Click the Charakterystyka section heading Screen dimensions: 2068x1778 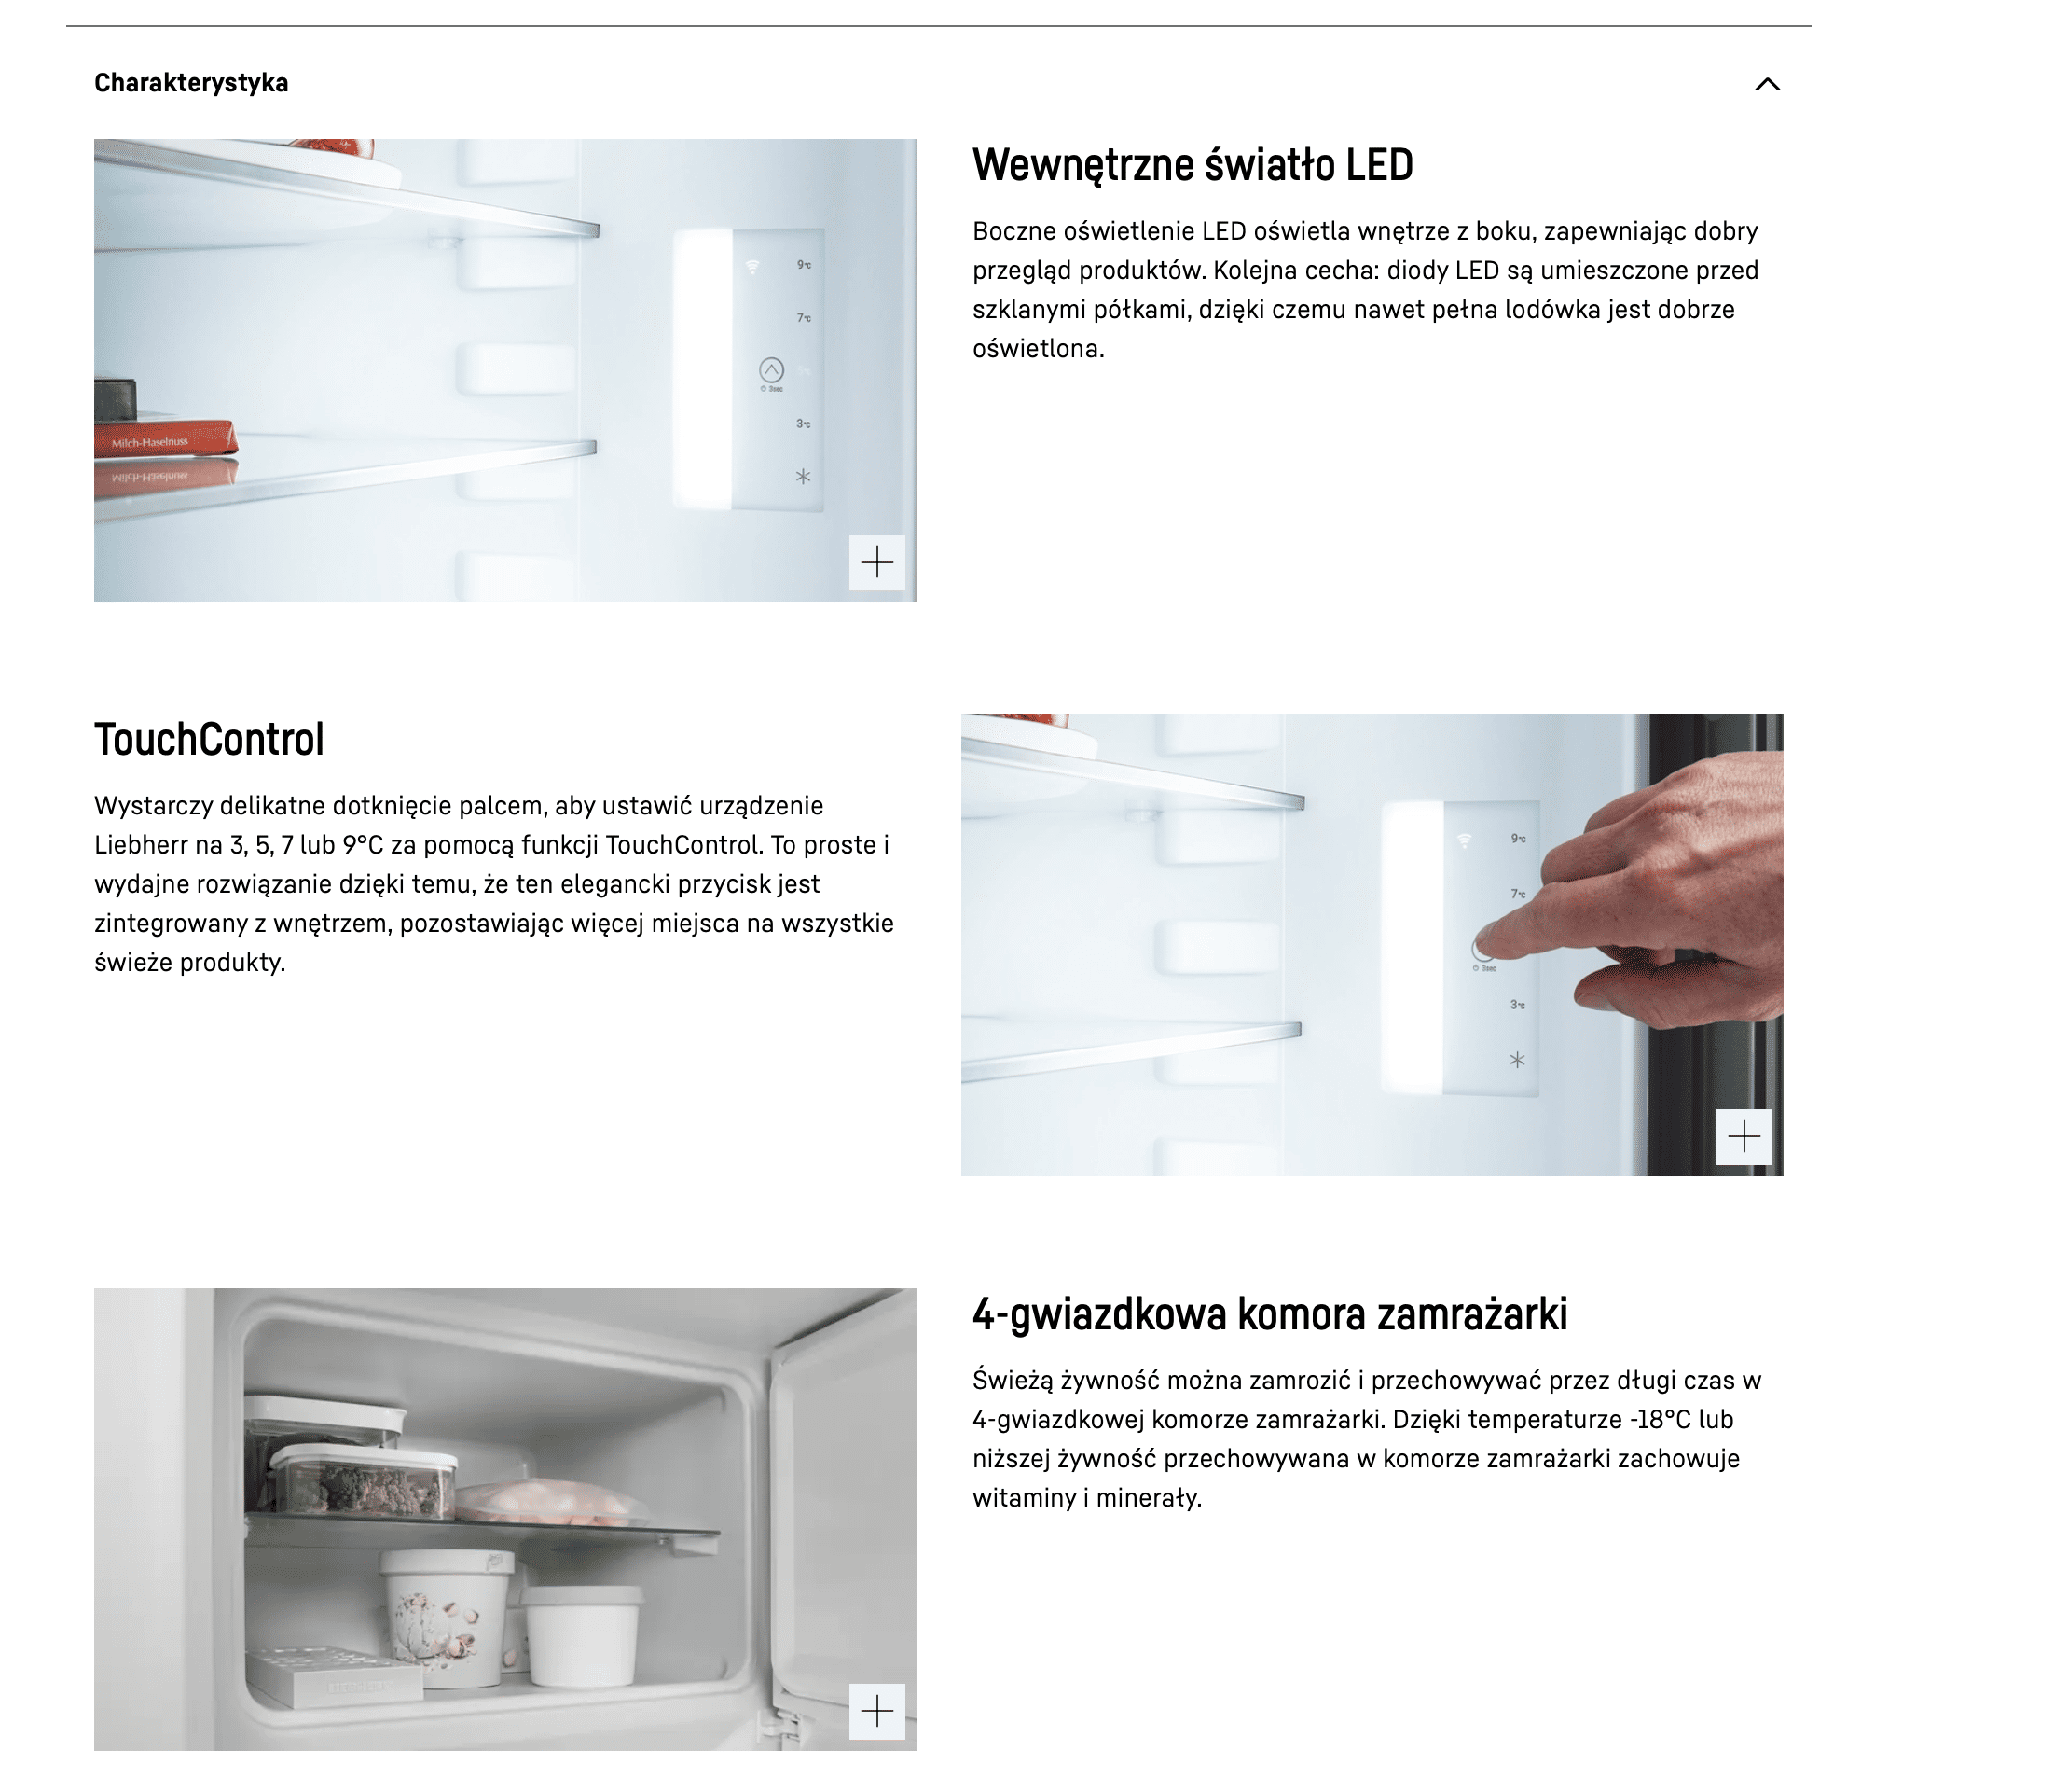pyautogui.click(x=190, y=83)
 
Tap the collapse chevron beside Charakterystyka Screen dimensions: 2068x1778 pyautogui.click(x=1768, y=84)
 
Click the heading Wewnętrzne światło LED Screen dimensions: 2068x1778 pyautogui.click(x=1193, y=166)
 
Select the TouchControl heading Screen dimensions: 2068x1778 pyautogui.click(x=210, y=740)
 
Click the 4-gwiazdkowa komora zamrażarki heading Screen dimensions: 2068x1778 pyautogui.click(x=1270, y=1313)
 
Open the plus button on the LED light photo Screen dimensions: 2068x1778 pyautogui.click(x=877, y=563)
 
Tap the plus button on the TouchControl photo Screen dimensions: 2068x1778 pyautogui.click(x=1744, y=1136)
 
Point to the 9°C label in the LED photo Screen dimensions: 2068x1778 pyautogui.click(x=804, y=265)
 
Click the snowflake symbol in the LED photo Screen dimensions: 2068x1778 pyautogui.click(x=803, y=478)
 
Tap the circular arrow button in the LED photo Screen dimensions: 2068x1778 pyautogui.click(x=771, y=369)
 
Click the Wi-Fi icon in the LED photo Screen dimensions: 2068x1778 pyautogui.click(x=752, y=266)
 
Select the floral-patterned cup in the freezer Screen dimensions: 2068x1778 pyautogui.click(x=446, y=1617)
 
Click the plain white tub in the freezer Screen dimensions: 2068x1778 pyautogui.click(x=581, y=1635)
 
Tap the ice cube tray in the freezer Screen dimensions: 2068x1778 pyautogui.click(x=335, y=1674)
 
